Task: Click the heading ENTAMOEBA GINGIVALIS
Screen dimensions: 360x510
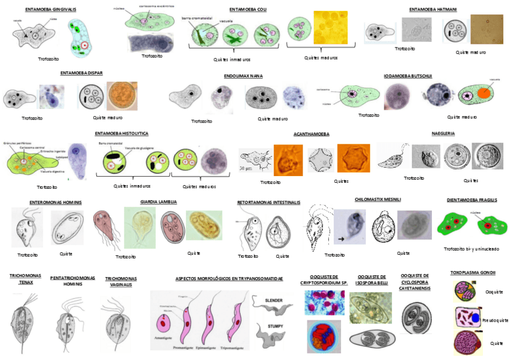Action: point(51,10)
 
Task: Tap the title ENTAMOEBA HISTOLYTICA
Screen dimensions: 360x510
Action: point(121,133)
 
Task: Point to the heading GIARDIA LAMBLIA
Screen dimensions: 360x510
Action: point(158,202)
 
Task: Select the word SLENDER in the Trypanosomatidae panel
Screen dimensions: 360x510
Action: point(273,299)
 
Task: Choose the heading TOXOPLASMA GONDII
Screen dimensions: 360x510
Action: point(473,273)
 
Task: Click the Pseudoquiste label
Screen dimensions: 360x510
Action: point(495,320)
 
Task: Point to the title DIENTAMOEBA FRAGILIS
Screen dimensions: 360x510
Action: point(472,200)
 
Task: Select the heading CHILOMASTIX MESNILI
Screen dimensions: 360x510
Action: point(378,199)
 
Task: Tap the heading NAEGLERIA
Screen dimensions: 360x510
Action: point(443,133)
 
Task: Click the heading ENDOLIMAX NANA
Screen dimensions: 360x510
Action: point(243,76)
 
